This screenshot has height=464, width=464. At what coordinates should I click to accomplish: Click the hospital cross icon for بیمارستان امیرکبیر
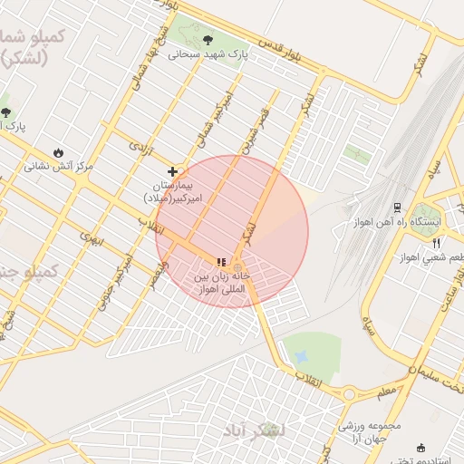point(172,170)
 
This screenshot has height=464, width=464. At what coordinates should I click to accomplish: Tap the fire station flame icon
point(59,151)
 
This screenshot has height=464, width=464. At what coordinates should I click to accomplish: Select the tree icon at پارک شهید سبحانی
point(209,39)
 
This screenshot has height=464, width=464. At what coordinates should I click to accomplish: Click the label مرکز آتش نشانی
point(59,167)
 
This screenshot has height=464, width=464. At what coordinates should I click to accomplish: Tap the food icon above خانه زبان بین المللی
point(221,262)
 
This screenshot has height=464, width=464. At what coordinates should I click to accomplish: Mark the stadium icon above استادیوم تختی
point(420,448)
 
